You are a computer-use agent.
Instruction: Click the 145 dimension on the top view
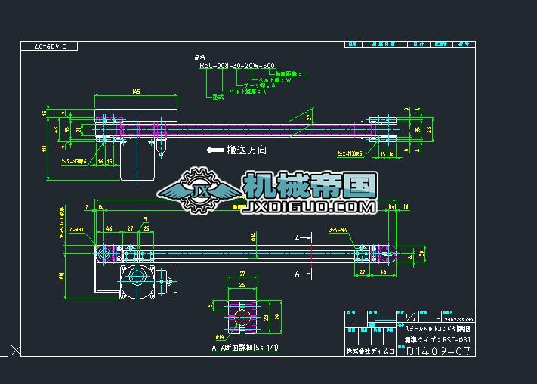[x=135, y=92]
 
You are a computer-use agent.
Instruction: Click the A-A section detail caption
[x=245, y=348]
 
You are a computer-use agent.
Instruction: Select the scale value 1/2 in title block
[x=412, y=318]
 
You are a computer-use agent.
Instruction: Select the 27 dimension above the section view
[x=242, y=274]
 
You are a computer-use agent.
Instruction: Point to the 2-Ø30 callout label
[x=75, y=228]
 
